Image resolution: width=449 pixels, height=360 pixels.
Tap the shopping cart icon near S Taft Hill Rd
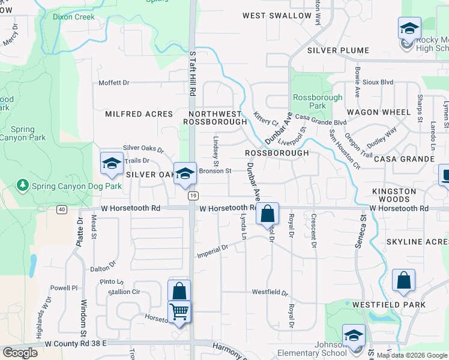[x=179, y=311]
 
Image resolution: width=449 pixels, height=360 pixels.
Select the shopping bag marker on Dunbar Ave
[x=268, y=214]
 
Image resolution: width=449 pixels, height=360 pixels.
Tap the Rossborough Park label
[x=318, y=101]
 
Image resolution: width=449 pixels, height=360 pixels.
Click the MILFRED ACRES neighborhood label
[x=139, y=114]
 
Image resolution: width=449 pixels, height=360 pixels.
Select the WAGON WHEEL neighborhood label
[x=379, y=112]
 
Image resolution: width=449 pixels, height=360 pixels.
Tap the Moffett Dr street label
[x=114, y=83]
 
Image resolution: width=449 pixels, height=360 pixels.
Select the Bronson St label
[x=215, y=171]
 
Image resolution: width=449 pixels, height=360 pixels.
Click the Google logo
[x=19, y=353]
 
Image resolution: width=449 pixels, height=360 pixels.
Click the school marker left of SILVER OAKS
[x=112, y=163]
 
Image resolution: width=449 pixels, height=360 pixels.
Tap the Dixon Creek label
[x=73, y=17]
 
